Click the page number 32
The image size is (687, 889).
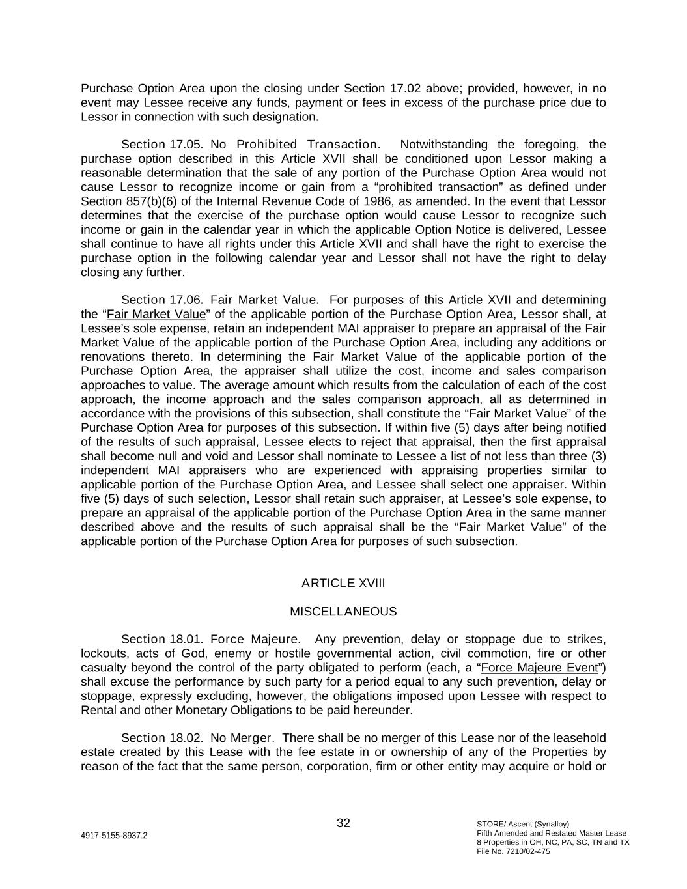tap(343, 823)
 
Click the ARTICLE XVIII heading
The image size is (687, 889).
tap(343, 583)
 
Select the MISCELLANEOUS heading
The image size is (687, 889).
tap(343, 612)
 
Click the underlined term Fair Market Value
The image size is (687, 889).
tap(156, 314)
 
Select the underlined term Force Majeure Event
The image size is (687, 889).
tap(539, 668)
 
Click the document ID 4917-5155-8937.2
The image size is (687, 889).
tap(114, 836)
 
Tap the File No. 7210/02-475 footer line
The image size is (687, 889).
tap(513, 851)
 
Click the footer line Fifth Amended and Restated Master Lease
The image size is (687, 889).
tap(551, 833)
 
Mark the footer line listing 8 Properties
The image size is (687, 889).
tap(553, 842)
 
